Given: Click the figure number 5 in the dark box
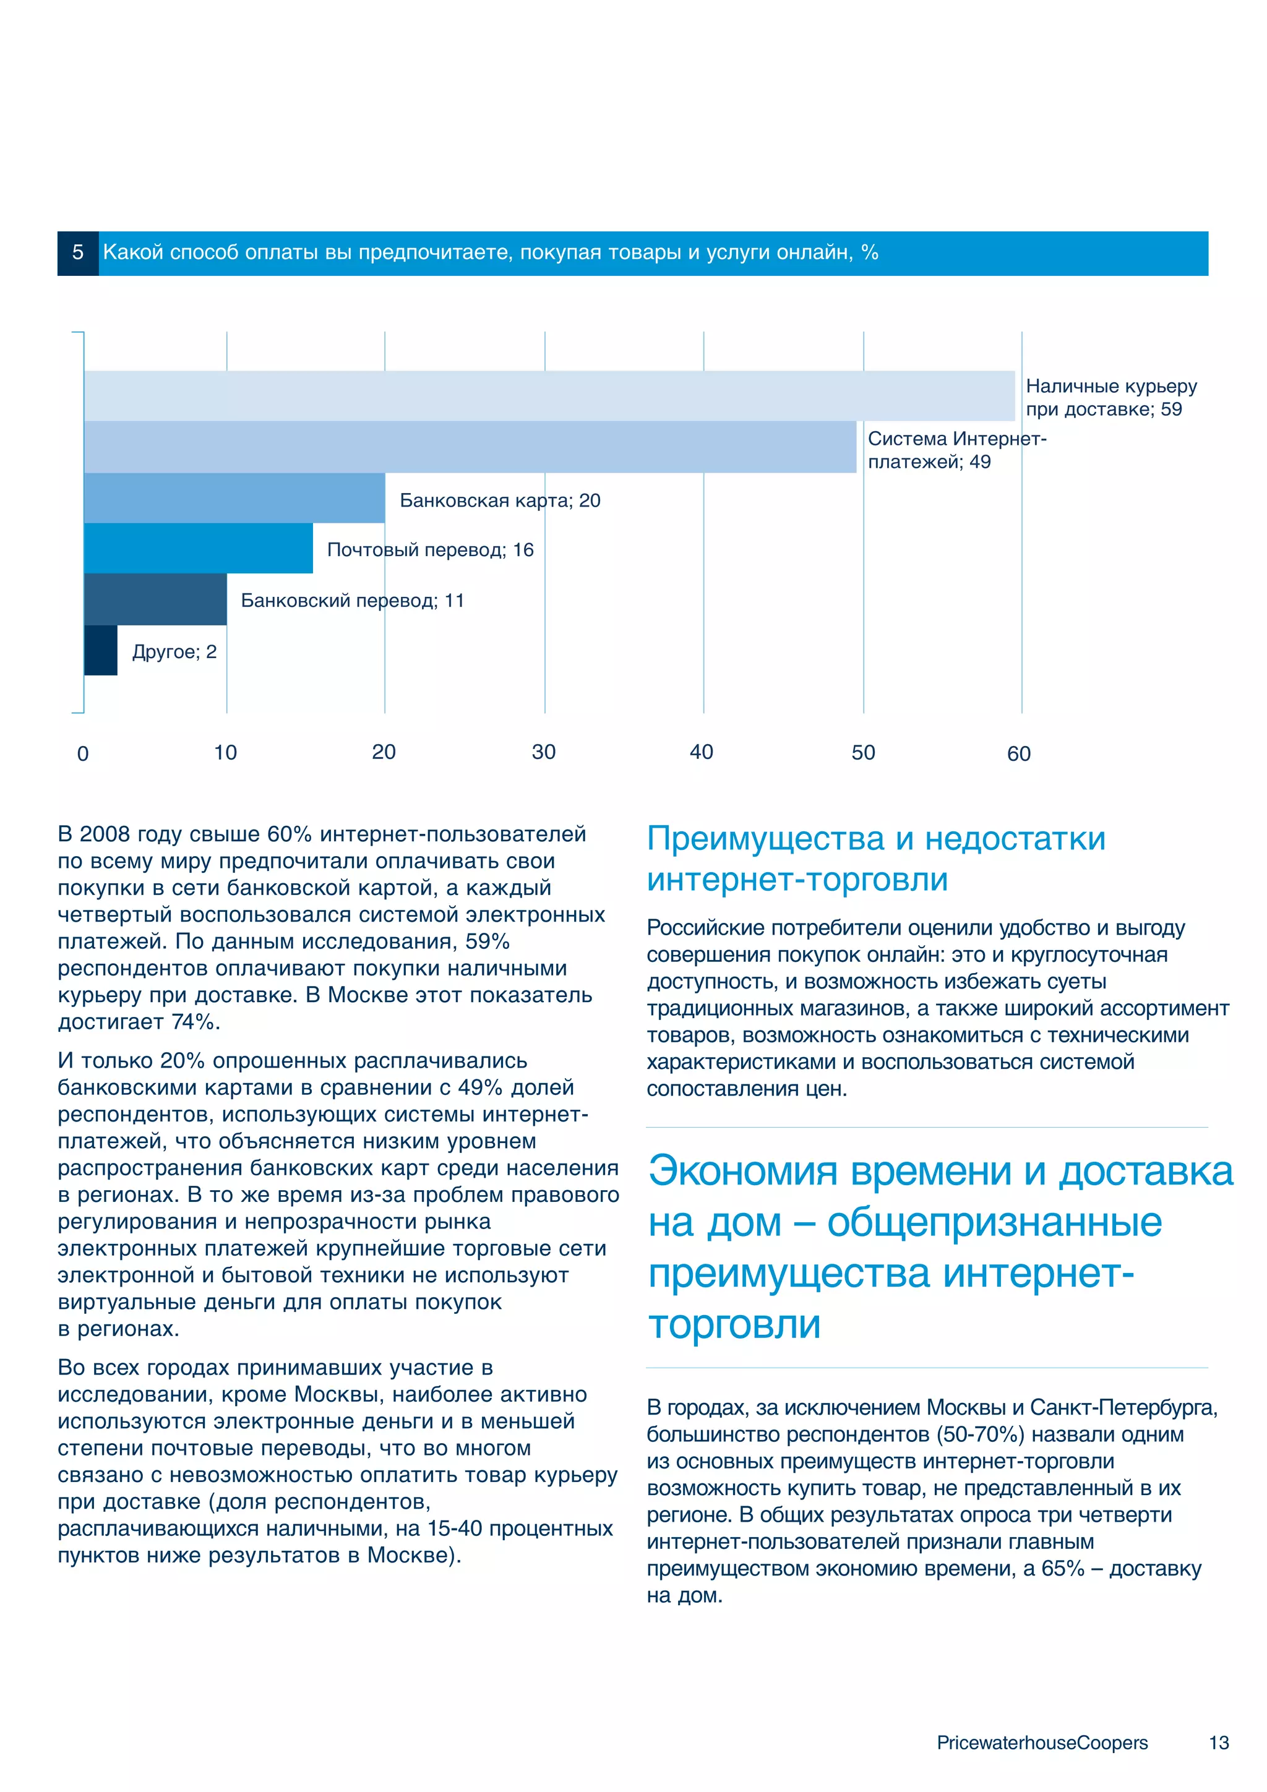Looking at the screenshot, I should click(77, 253).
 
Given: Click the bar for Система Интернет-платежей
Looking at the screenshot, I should click(469, 447).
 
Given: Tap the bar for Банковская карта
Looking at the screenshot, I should click(234, 498).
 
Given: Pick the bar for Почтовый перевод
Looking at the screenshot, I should click(199, 548).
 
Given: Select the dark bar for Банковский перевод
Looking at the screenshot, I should click(155, 599).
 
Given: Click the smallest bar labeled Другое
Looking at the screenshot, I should click(101, 650).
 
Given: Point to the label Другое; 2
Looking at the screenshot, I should click(174, 652).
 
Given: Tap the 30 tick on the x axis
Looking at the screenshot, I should click(543, 752).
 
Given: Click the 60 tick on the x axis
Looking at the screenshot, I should click(1018, 754).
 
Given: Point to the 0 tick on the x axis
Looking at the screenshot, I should click(83, 754).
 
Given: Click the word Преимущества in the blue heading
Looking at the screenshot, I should click(765, 839).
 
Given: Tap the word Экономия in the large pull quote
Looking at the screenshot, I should click(742, 1172).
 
